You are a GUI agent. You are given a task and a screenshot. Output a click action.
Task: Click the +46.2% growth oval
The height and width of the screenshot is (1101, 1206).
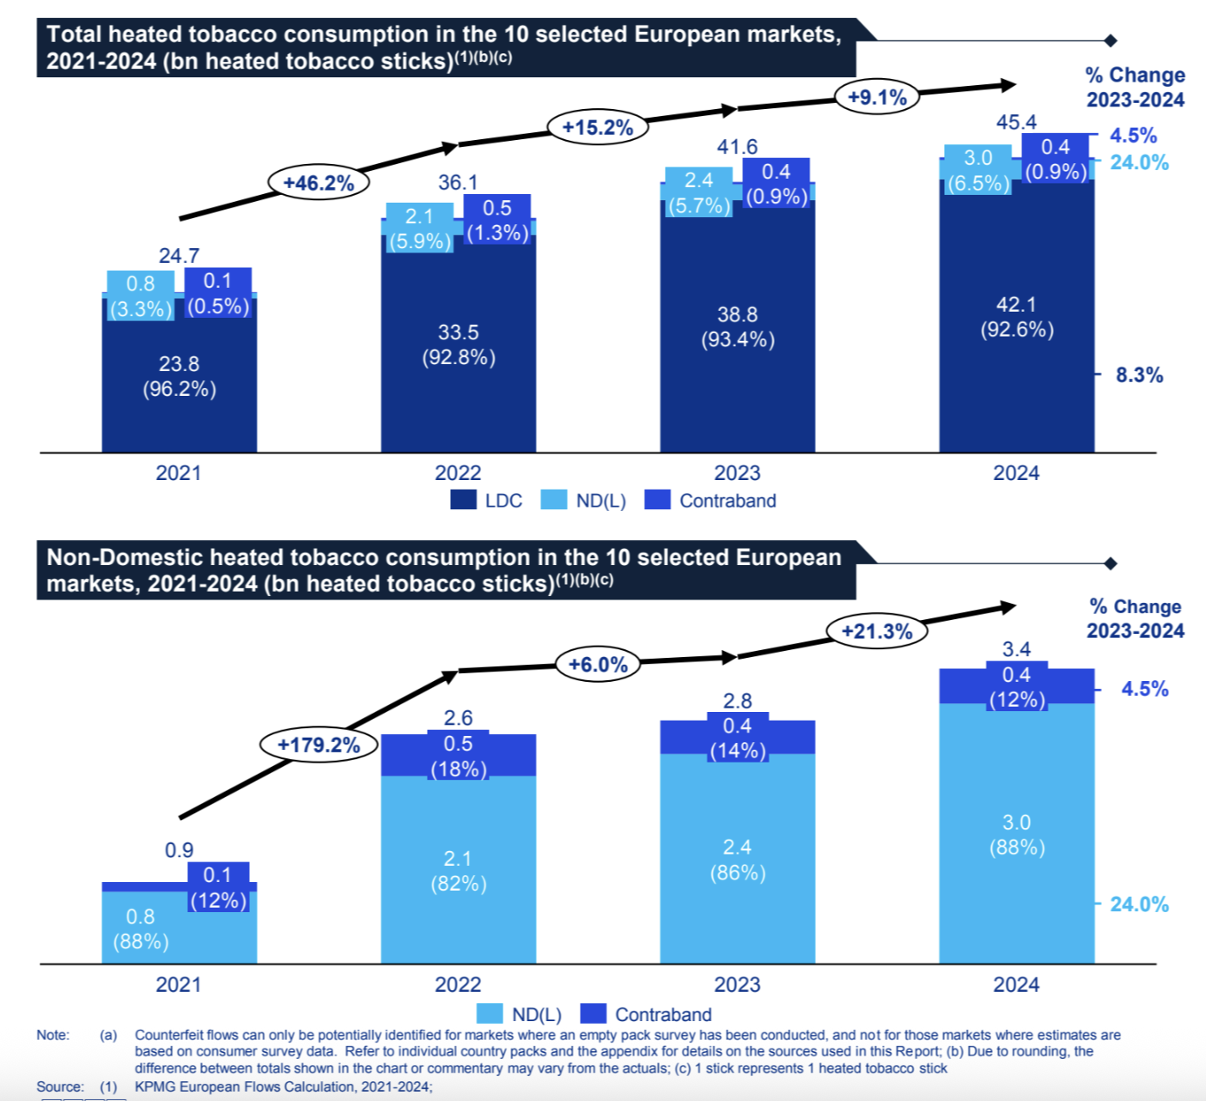coord(319,183)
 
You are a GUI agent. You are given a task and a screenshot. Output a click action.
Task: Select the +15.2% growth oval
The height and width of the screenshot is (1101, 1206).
coord(598,128)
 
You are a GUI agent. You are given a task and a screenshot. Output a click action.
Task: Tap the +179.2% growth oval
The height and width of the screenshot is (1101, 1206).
coord(319,745)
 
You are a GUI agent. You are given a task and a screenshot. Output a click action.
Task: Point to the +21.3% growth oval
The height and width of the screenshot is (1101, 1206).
coord(877,631)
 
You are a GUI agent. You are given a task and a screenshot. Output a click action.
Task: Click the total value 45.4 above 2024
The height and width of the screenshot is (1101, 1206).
coord(1016,122)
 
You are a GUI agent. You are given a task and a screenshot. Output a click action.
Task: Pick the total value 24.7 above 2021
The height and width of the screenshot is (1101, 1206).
coord(179,256)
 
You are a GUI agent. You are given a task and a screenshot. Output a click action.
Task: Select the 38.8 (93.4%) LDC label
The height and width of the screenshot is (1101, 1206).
coord(737,327)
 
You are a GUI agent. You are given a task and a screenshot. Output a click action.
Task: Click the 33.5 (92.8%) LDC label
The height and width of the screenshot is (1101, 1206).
coord(458,344)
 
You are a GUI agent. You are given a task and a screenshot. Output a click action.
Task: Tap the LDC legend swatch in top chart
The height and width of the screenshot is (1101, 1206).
coord(464,500)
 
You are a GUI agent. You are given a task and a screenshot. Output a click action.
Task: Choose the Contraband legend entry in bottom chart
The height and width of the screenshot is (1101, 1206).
coord(662,1014)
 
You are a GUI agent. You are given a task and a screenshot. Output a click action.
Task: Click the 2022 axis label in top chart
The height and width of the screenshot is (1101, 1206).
coord(458,473)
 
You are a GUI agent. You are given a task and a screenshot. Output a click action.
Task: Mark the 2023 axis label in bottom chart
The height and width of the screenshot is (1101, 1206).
coord(737,985)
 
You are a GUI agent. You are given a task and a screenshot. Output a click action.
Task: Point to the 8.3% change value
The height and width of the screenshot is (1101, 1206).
coord(1139,375)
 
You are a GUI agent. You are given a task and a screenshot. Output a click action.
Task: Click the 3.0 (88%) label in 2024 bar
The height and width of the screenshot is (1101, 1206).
coord(1016,835)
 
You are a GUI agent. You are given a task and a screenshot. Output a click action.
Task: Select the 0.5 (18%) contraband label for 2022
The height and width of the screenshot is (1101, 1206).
coord(458,756)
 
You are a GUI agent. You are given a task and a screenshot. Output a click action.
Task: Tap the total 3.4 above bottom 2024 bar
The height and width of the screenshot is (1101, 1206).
coord(1016,649)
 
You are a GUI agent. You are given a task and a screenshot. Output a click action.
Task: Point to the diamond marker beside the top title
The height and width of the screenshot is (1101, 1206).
coord(1110,40)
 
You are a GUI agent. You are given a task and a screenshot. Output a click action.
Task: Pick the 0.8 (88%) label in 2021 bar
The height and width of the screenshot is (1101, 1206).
coord(141,929)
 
